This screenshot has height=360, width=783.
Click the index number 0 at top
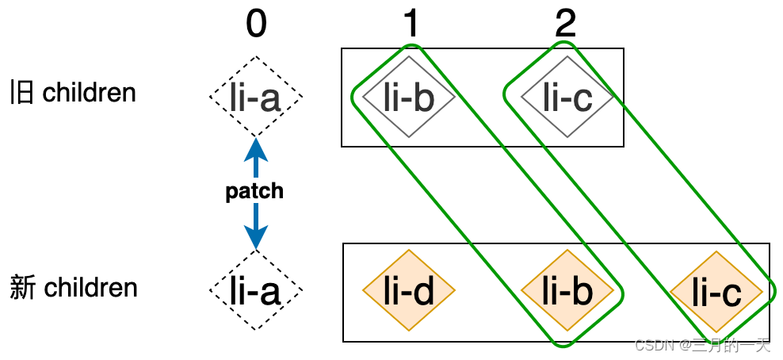(255, 25)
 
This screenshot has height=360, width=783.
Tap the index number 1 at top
(410, 25)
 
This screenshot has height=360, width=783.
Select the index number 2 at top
(565, 25)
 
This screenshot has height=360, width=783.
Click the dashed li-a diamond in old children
(255, 98)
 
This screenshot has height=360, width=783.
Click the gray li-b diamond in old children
(409, 97)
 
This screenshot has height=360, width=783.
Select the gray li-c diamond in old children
(567, 97)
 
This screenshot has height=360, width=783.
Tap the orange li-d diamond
(409, 291)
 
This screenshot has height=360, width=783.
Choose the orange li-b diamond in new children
(567, 291)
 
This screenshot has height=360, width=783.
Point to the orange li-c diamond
(716, 292)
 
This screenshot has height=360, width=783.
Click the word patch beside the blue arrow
(254, 192)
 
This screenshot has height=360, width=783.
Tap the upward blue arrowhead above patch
(255, 148)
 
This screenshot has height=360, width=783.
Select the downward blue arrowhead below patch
(255, 236)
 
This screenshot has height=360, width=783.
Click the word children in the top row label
(89, 93)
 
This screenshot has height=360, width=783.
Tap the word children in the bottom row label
(90, 287)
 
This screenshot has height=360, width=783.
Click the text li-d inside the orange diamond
(409, 291)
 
